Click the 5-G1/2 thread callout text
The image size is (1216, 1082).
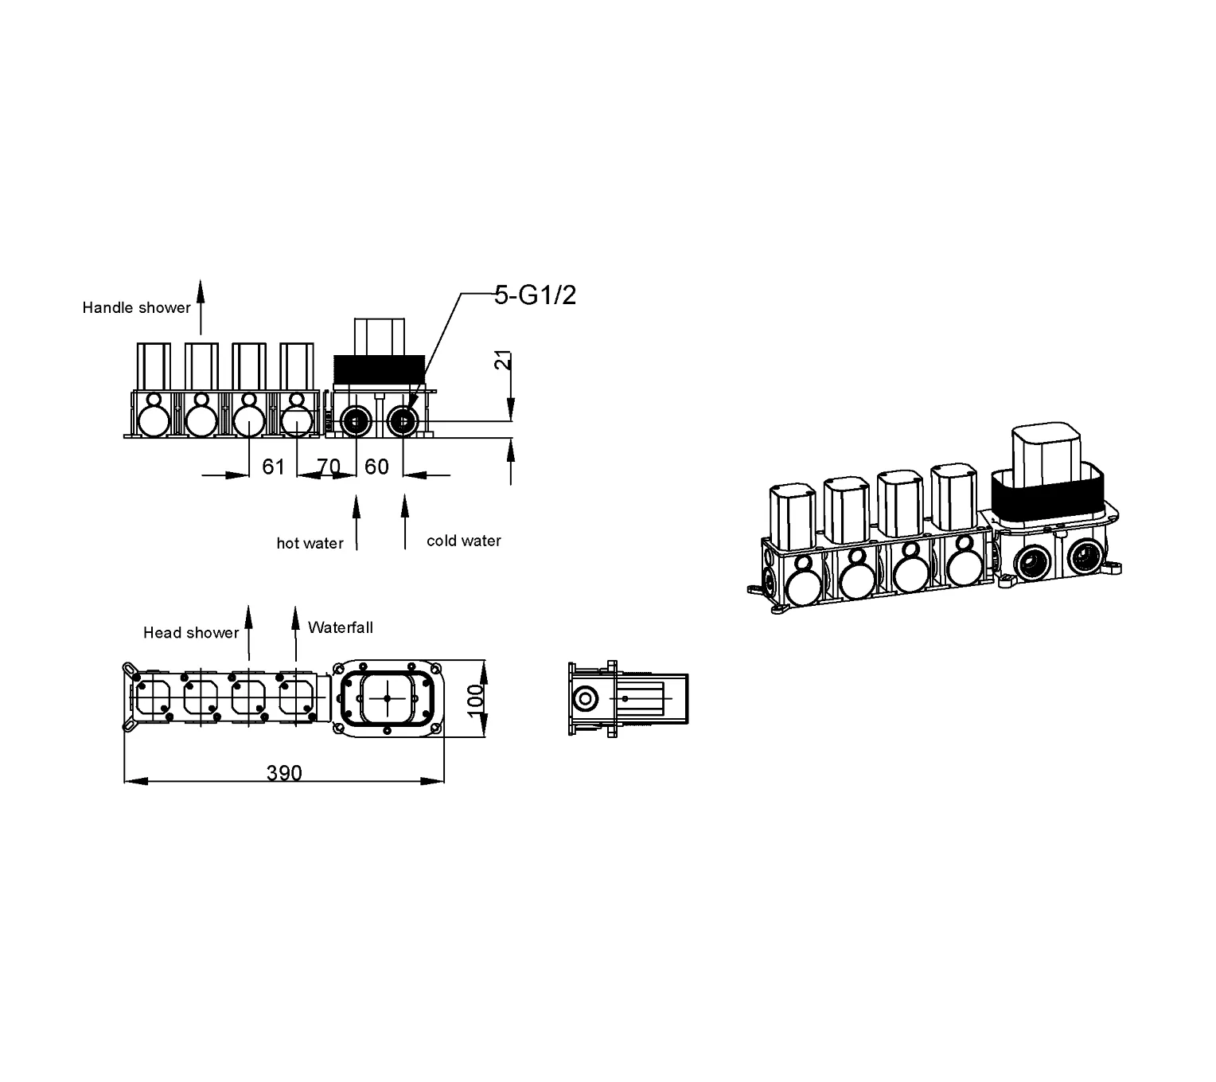pyautogui.click(x=534, y=295)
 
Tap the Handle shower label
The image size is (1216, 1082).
pyautogui.click(x=136, y=307)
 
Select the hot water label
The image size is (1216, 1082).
pyautogui.click(x=310, y=543)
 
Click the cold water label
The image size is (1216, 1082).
pyautogui.click(x=463, y=541)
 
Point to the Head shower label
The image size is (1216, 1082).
pyautogui.click(x=191, y=632)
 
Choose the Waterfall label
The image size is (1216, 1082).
pyautogui.click(x=341, y=627)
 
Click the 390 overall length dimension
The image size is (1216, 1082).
pyautogui.click(x=284, y=773)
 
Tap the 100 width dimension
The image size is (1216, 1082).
pyautogui.click(x=475, y=699)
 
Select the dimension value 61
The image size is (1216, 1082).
pyautogui.click(x=273, y=467)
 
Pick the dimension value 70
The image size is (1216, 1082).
pyautogui.click(x=329, y=467)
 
